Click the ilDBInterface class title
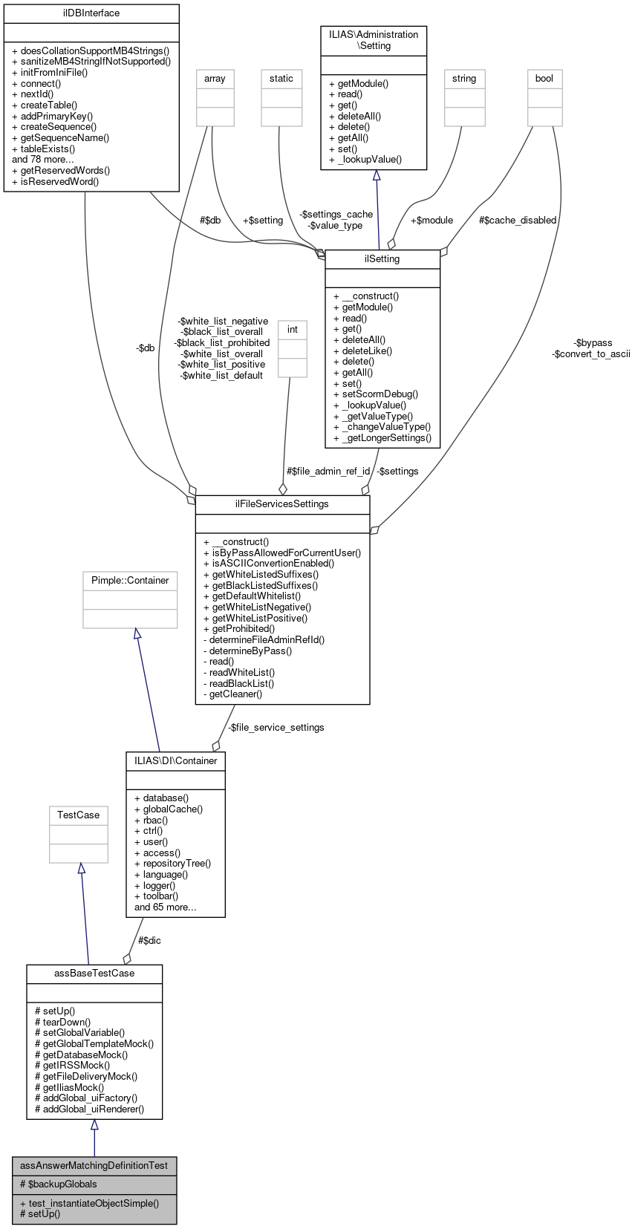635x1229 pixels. [x=91, y=13]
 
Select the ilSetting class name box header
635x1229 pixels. [x=382, y=259]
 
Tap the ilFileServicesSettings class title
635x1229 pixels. [x=282, y=504]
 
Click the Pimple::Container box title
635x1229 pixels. [x=130, y=581]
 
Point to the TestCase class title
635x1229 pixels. [x=79, y=815]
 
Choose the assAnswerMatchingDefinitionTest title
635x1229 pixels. [x=94, y=1166]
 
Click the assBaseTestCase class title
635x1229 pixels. [x=94, y=974]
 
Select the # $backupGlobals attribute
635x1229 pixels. [x=59, y=1184]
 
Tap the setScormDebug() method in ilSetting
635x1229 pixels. [x=376, y=394]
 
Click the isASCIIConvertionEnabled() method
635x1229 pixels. [x=269, y=564]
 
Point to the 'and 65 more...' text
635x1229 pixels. [x=166, y=907]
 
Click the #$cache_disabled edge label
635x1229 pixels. [x=518, y=221]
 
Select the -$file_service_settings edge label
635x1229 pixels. [x=276, y=728]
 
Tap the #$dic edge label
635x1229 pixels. [x=149, y=941]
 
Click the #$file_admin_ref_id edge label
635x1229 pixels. [x=328, y=472]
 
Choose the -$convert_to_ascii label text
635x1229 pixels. [x=590, y=354]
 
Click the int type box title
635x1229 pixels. [x=293, y=330]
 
